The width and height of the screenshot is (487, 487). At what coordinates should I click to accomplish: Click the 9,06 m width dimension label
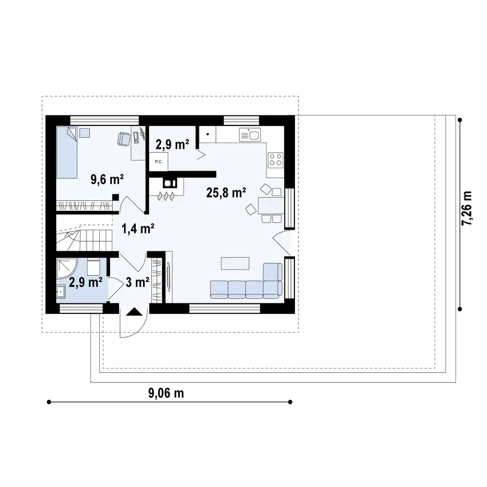(x=166, y=393)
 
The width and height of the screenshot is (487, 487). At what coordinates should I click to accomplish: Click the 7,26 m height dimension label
(x=468, y=208)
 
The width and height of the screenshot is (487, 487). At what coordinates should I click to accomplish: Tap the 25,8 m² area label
(x=226, y=193)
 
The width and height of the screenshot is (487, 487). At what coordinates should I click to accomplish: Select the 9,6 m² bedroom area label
(x=107, y=179)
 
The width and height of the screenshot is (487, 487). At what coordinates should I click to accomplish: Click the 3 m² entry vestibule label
(x=138, y=283)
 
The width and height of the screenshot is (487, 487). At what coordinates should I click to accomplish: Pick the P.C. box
(x=158, y=161)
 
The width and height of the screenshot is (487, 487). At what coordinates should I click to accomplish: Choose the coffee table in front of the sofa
(x=235, y=263)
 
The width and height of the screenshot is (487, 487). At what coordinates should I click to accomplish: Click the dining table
(x=271, y=206)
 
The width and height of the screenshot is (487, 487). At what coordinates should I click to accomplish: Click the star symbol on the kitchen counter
(x=207, y=134)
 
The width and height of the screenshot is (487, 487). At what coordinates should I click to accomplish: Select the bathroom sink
(x=60, y=293)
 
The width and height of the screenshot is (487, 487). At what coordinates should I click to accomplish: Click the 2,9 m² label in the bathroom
(x=86, y=283)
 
